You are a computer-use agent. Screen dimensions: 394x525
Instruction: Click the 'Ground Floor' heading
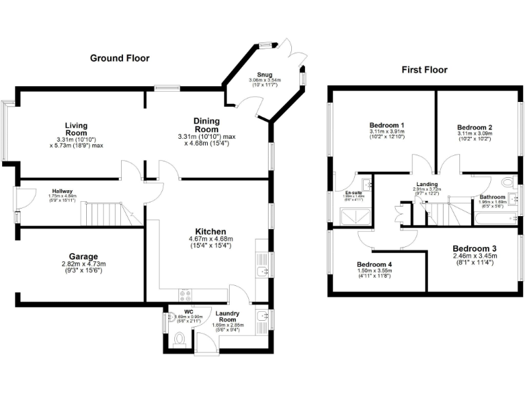click(x=120, y=58)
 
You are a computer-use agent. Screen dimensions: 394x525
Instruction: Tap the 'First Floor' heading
click(x=424, y=70)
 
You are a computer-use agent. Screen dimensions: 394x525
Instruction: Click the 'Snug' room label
click(x=264, y=74)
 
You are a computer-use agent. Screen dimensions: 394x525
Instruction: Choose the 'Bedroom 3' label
click(x=474, y=249)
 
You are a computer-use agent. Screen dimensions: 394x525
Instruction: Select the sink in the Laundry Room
click(x=261, y=317)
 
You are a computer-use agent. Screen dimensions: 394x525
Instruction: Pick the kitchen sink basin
click(x=260, y=273)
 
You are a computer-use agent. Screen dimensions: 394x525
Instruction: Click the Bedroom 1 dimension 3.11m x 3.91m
click(x=387, y=132)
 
